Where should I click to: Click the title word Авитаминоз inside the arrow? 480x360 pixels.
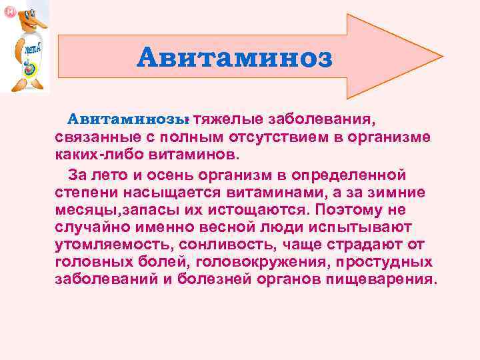pos(233,58)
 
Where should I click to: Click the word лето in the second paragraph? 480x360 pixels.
pos(110,175)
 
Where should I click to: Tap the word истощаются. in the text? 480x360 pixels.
pos(262,210)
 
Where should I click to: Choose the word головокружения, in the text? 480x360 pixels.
pos(257,262)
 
